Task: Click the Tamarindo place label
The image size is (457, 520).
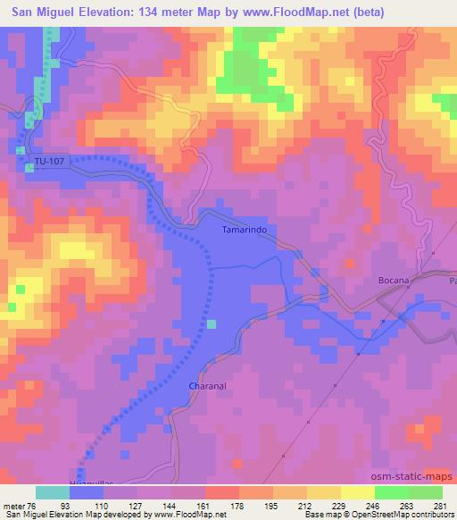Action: (x=244, y=230)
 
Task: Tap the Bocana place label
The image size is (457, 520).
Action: (x=393, y=280)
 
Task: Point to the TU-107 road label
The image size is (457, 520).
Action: (x=50, y=162)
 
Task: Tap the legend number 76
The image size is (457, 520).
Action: (x=32, y=505)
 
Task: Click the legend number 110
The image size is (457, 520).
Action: (x=103, y=505)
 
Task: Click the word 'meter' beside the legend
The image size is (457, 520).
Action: (x=12, y=505)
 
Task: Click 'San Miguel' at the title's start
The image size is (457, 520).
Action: (x=41, y=11)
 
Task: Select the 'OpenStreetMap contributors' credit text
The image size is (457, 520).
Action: (x=407, y=516)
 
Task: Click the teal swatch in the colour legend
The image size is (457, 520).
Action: (x=53, y=492)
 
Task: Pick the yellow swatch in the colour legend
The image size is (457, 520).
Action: (x=358, y=492)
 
